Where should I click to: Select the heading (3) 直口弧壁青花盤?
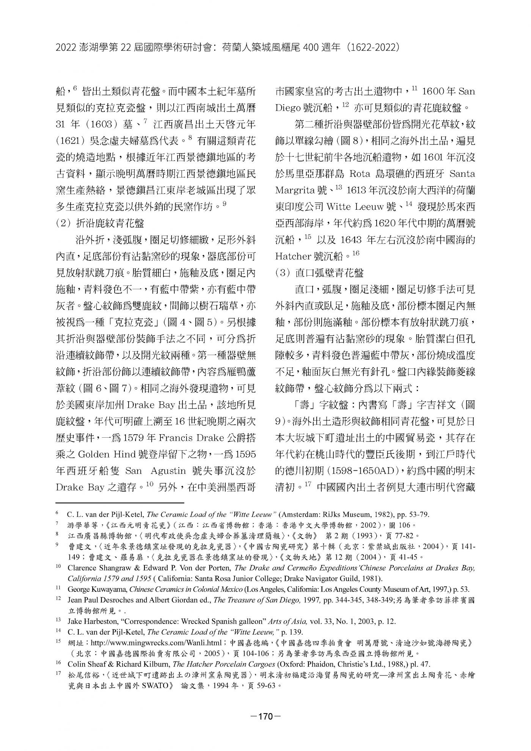pyautogui.click(x=319, y=273)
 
